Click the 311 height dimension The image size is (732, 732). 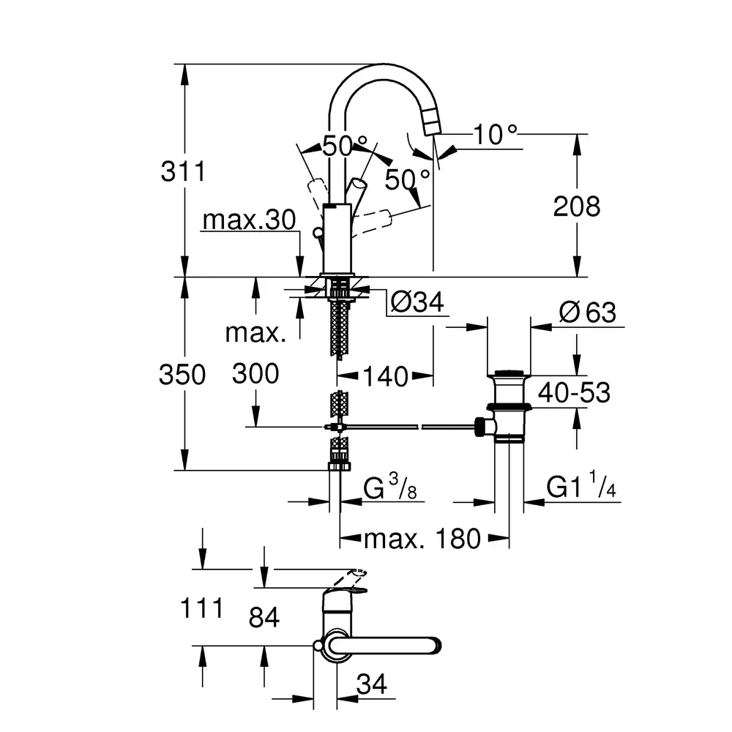(183, 171)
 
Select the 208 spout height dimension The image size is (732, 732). (577, 206)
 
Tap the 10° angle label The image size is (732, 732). (496, 135)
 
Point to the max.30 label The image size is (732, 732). (250, 220)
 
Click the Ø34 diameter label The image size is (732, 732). (417, 302)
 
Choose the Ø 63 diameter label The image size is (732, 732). (587, 313)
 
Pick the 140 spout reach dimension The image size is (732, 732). (386, 376)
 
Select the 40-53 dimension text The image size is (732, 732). (574, 392)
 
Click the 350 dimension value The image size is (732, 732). (182, 374)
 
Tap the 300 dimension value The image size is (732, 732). (255, 373)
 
